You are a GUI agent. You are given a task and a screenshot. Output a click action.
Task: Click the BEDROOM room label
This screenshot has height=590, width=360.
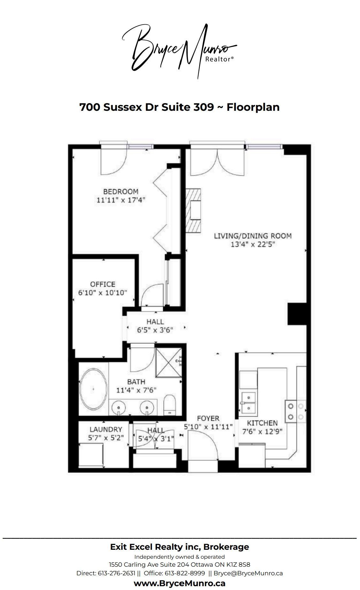click(x=121, y=192)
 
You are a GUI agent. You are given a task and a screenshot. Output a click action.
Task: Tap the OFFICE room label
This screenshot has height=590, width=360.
click(x=102, y=284)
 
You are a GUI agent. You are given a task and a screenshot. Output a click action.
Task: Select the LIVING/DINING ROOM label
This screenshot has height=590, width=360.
click(x=253, y=236)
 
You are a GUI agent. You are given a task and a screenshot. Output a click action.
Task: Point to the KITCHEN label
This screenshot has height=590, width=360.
click(x=262, y=423)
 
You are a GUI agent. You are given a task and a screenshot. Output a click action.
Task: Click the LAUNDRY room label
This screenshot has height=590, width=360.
click(x=106, y=430)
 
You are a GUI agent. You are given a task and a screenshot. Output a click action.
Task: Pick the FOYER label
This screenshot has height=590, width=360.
click(x=208, y=418)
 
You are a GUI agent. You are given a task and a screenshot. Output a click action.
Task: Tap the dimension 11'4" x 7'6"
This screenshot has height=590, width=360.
click(x=136, y=390)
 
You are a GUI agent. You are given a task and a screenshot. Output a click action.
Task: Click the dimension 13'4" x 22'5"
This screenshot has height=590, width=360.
click(x=253, y=245)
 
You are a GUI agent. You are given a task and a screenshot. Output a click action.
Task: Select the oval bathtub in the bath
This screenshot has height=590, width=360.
click(x=94, y=389)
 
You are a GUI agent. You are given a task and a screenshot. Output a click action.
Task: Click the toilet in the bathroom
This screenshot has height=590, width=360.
click(x=169, y=405)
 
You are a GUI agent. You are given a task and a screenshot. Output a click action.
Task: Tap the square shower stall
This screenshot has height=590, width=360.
click(x=168, y=361)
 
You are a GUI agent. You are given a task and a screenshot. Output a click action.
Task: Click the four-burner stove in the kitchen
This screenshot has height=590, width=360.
click(x=296, y=412)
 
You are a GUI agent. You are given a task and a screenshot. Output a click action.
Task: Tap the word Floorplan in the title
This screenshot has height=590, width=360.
click(x=253, y=107)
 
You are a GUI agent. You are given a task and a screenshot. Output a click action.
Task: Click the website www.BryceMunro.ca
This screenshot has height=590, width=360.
click(x=180, y=583)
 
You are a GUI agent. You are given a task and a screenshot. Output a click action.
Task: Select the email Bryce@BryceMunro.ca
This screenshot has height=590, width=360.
click(x=248, y=573)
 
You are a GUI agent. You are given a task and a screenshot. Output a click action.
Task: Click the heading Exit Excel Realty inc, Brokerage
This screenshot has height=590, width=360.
click(x=180, y=547)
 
